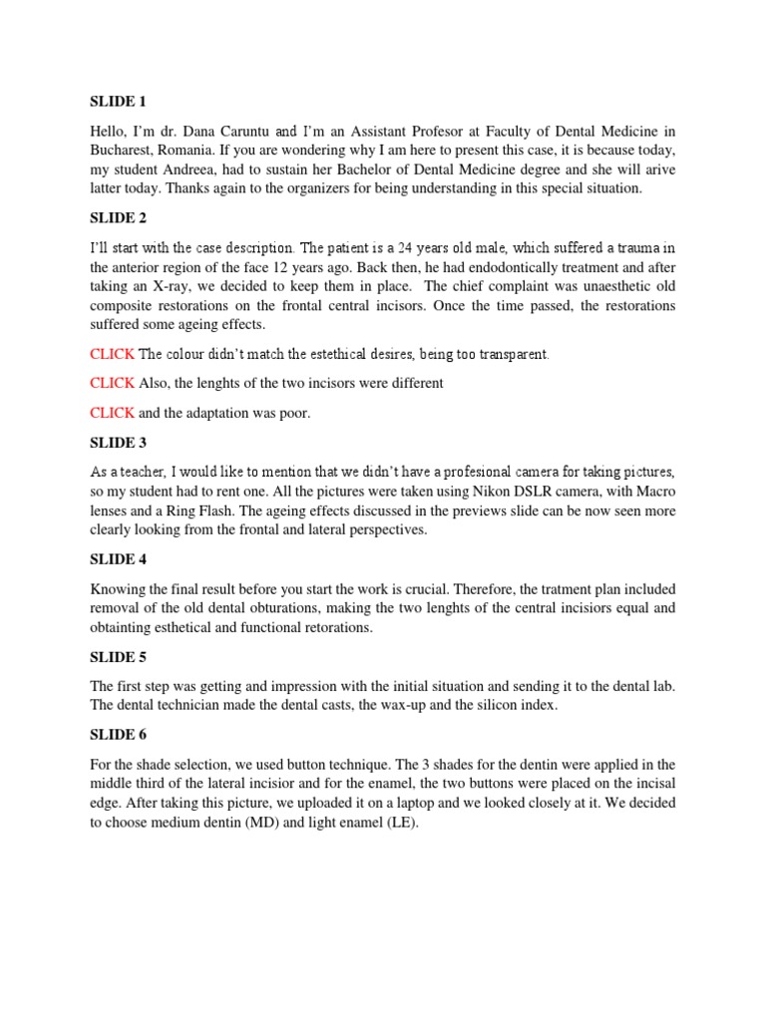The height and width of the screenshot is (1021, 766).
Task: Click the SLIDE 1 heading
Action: (118, 100)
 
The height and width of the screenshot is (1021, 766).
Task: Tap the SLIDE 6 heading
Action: (118, 735)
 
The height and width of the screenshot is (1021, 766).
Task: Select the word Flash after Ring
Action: (213, 511)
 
